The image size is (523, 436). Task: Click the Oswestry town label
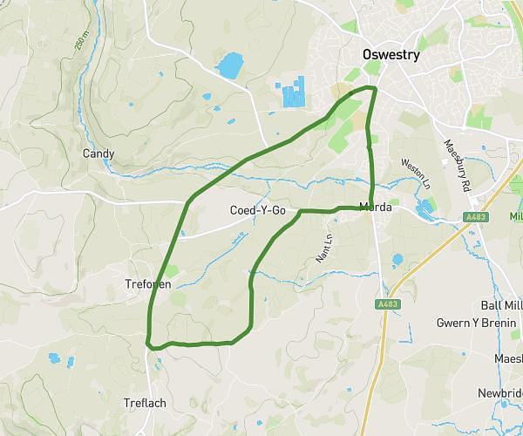(391, 55)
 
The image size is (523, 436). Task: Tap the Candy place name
(98, 153)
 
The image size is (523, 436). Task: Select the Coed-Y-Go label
(257, 210)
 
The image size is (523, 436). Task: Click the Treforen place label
(148, 284)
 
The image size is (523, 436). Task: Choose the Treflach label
(145, 403)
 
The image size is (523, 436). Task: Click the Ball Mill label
(501, 305)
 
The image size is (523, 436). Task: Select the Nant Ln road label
(323, 249)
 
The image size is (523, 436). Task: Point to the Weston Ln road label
(416, 174)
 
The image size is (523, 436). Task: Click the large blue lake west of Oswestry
(229, 65)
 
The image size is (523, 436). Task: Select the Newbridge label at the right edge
(501, 393)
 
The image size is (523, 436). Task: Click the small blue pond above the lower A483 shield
(397, 260)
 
